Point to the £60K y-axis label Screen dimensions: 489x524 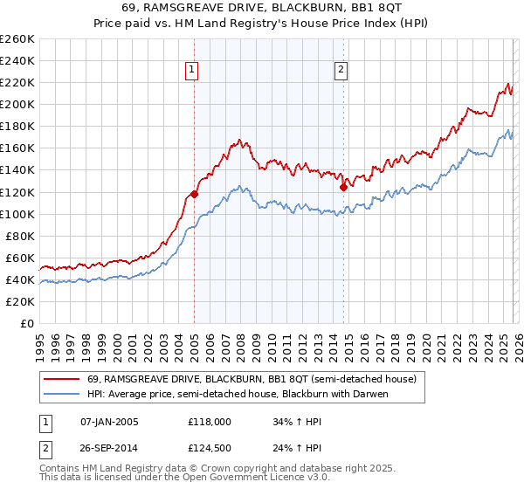[19, 258]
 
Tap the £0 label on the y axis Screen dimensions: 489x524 [26, 323]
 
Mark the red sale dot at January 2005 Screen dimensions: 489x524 [194, 194]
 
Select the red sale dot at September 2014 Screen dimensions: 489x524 [343, 186]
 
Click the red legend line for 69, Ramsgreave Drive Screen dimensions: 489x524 [63, 380]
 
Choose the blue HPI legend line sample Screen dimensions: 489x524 [63, 395]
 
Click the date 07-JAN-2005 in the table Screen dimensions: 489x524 [104, 422]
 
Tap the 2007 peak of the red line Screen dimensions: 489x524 [238, 139]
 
